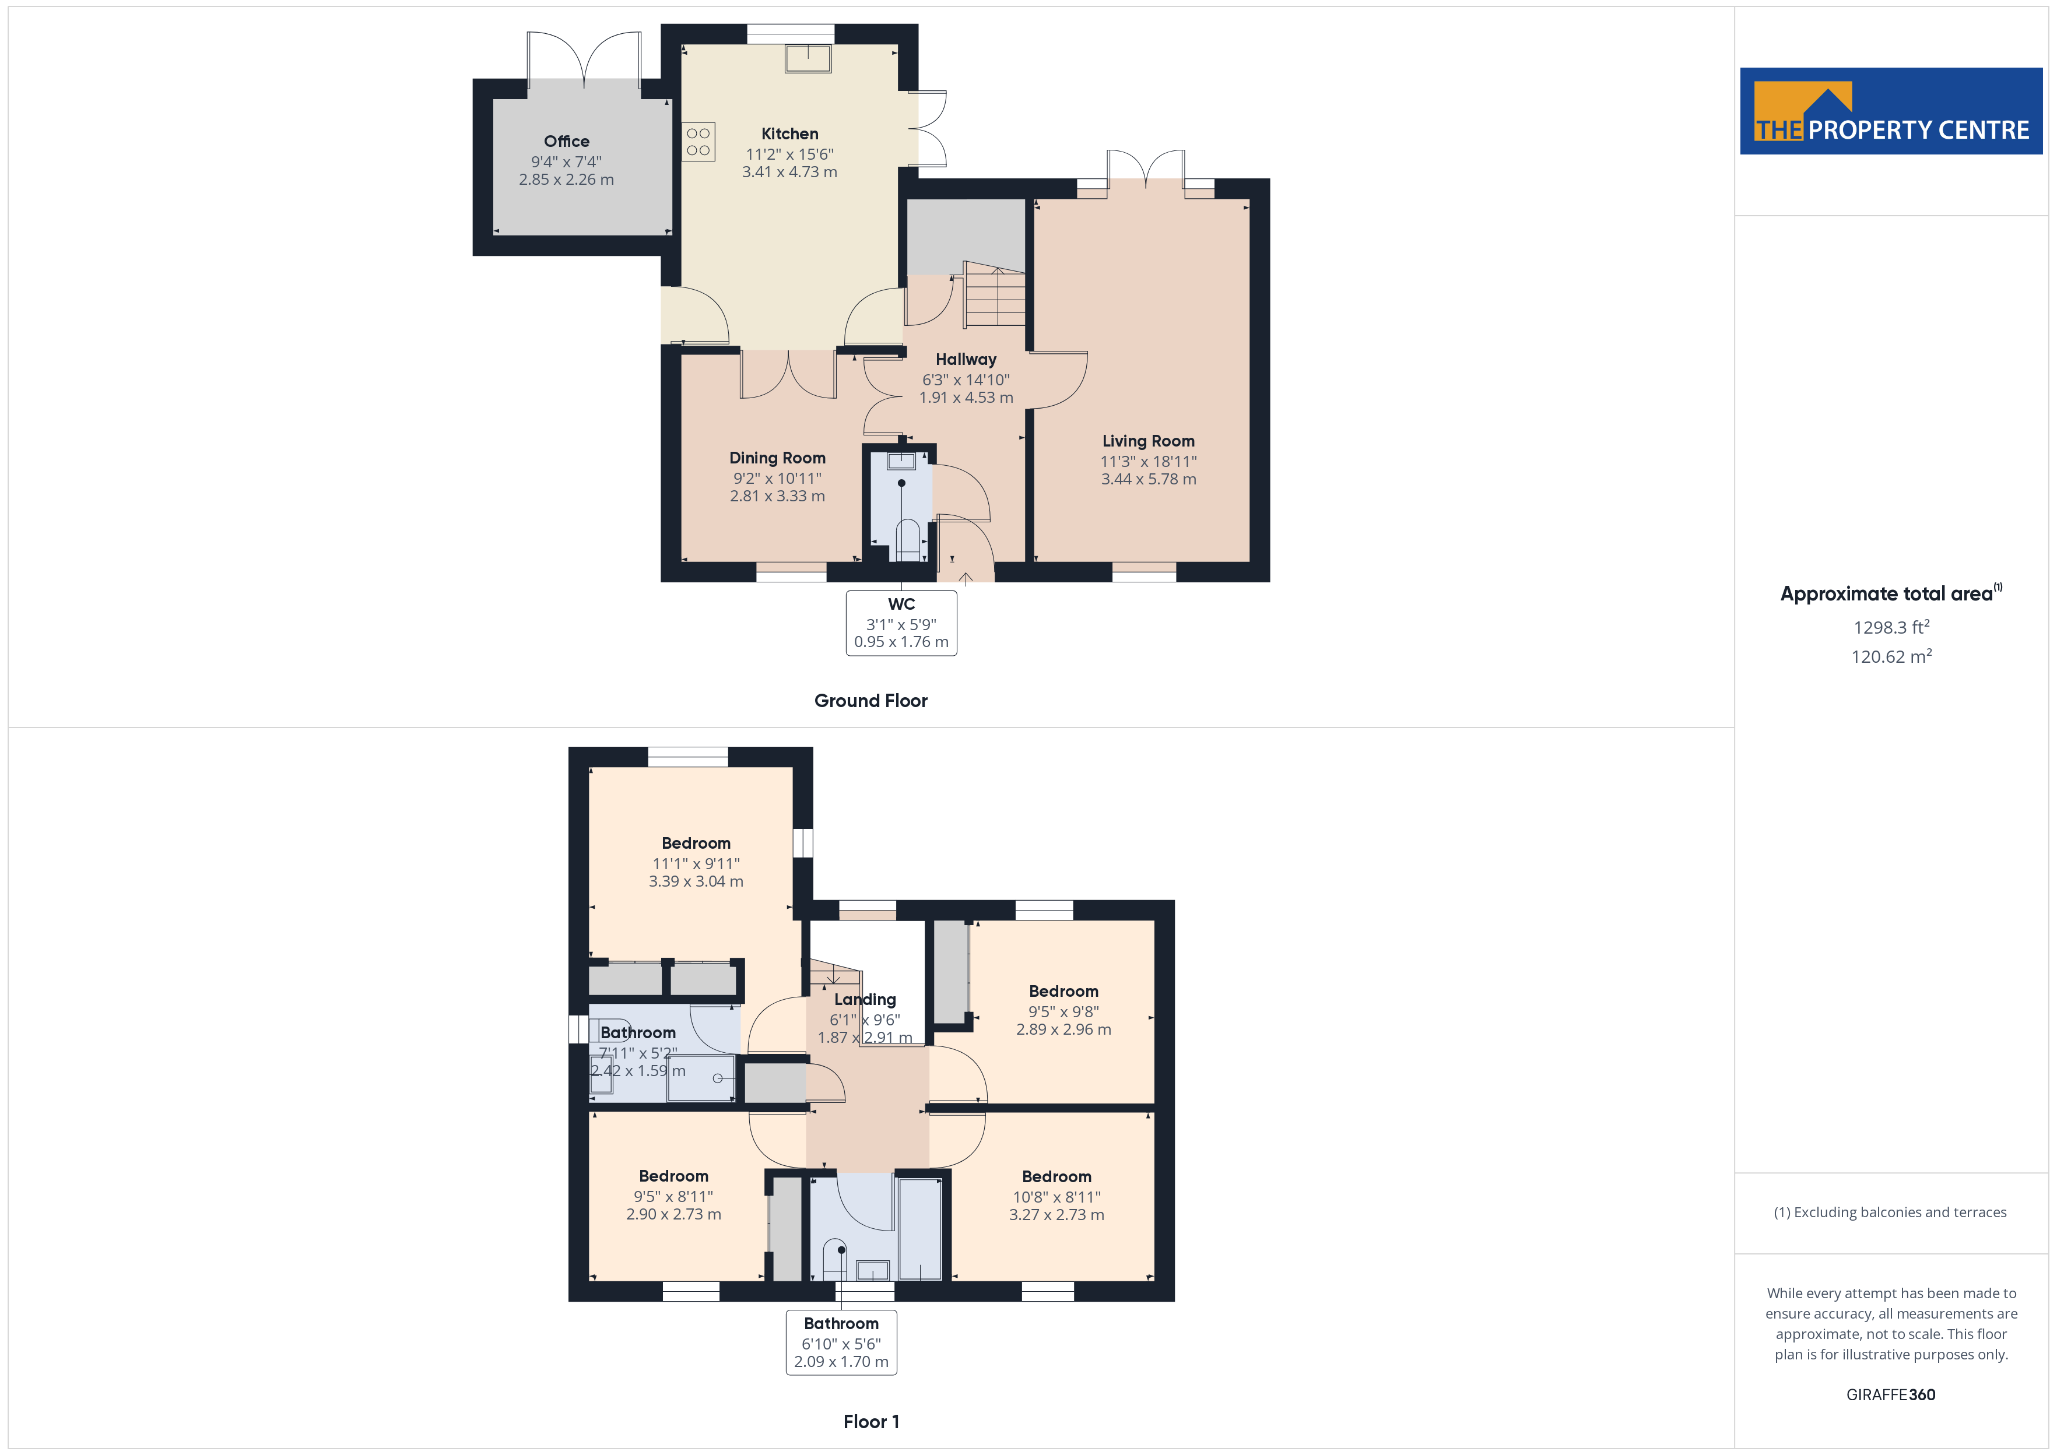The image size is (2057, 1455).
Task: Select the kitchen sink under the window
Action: [808, 58]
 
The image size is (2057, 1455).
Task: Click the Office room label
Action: [566, 142]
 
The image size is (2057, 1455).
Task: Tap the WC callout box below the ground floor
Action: [901, 623]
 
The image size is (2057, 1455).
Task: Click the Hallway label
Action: [966, 359]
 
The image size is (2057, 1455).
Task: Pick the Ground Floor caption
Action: [871, 701]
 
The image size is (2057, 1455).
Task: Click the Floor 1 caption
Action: [871, 1422]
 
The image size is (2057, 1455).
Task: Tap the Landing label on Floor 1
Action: [865, 1000]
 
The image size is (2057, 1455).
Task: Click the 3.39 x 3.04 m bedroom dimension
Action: [696, 881]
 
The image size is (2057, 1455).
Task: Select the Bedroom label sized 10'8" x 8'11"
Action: [1056, 1176]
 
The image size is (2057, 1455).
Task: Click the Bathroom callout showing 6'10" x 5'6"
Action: [841, 1342]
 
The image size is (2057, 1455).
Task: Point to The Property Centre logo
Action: [1891, 111]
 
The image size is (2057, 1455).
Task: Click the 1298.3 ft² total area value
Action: [1891, 627]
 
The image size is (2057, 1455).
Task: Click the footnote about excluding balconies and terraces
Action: [1890, 1212]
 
